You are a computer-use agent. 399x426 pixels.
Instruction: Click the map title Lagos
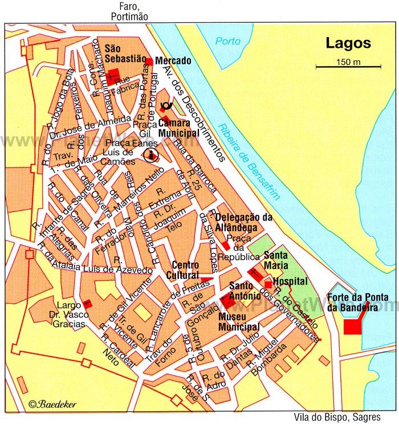(x=348, y=43)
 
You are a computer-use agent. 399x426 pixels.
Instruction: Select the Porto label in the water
(x=228, y=42)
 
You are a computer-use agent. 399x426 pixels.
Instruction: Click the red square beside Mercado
(x=149, y=62)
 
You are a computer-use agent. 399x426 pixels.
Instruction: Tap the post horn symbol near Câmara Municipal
(x=166, y=105)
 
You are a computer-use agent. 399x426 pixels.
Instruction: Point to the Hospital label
(x=290, y=281)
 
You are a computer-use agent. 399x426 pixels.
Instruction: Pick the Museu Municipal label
(x=239, y=322)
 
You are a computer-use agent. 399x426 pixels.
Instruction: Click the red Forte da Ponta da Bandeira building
(x=352, y=326)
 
